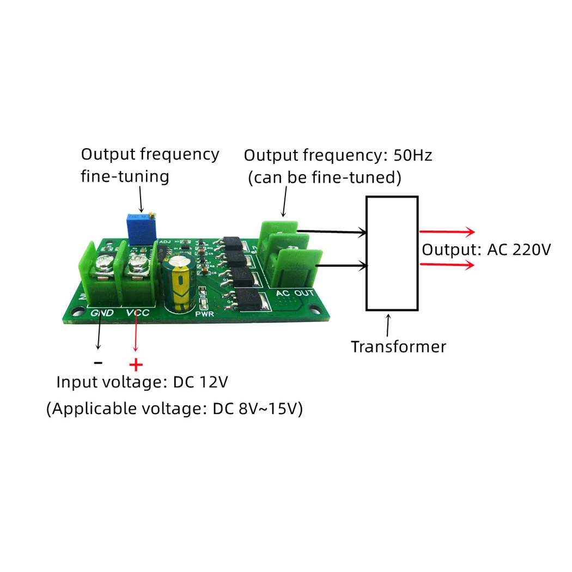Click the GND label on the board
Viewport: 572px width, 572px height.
coord(102,313)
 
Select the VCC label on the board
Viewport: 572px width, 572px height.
coord(137,313)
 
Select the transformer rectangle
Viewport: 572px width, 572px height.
coord(392,253)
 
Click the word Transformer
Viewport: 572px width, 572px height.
coord(398,347)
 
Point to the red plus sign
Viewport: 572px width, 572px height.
coord(136,364)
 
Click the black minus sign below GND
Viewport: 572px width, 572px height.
coord(98,362)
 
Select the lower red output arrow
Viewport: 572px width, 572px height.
coord(447,265)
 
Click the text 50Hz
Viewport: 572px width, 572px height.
coord(412,155)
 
